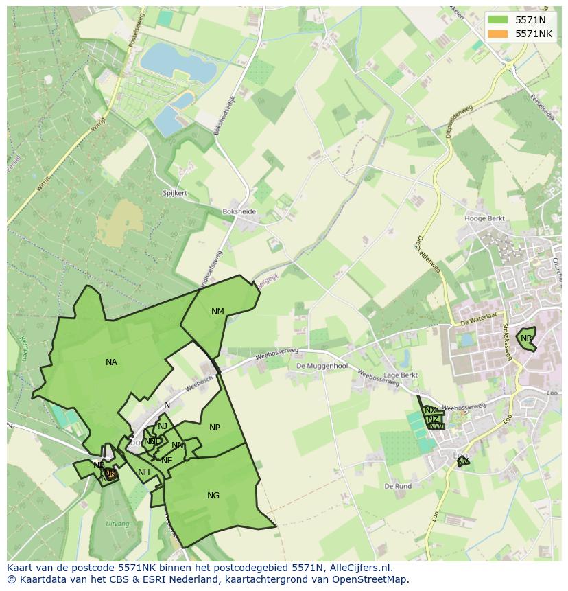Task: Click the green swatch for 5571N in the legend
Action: click(499, 20)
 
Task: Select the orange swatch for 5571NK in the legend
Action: click(499, 34)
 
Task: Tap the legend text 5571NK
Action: click(534, 34)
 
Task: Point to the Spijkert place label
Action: click(175, 194)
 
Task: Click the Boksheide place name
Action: click(239, 212)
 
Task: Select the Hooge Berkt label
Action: click(485, 218)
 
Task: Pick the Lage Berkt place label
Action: click(401, 375)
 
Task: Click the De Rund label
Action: click(398, 486)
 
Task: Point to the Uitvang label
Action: click(117, 524)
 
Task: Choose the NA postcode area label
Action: click(111, 362)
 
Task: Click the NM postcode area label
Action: click(217, 312)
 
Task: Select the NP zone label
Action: click(215, 428)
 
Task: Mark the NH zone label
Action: click(143, 472)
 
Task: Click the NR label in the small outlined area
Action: click(526, 338)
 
